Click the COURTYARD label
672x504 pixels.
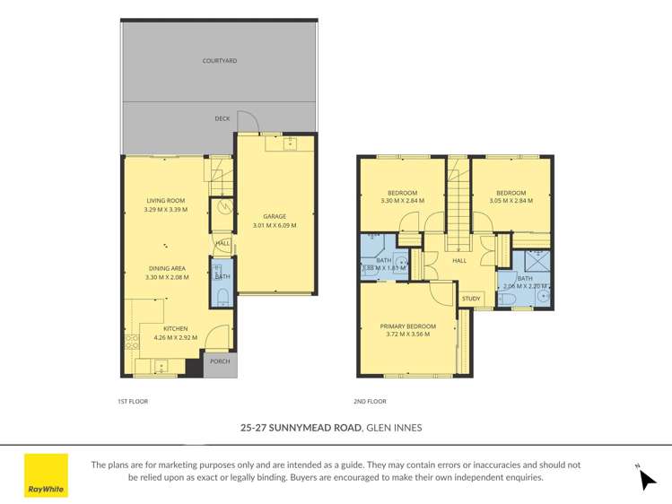click(x=219, y=61)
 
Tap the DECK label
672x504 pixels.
click(x=222, y=118)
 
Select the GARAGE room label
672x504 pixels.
click(x=275, y=216)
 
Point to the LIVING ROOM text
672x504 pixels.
click(x=166, y=201)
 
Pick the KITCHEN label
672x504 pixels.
click(x=175, y=329)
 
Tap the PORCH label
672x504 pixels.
click(x=220, y=361)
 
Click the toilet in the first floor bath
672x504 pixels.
click(x=223, y=296)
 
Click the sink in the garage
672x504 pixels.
click(x=290, y=143)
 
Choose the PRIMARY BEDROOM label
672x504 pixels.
click(x=407, y=326)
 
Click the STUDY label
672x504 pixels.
click(x=471, y=299)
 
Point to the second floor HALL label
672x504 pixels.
click(x=459, y=261)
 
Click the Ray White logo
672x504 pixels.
click(x=46, y=475)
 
